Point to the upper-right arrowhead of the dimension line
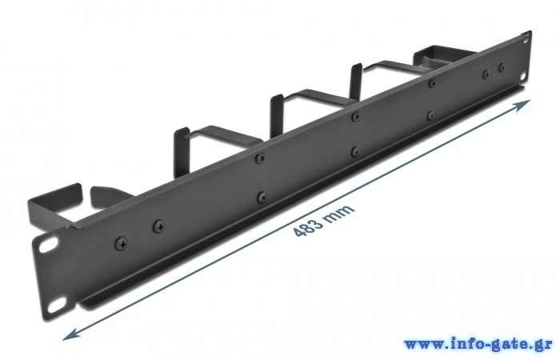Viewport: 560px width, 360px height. (x=522, y=106)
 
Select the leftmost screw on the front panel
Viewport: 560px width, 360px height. (x=122, y=244)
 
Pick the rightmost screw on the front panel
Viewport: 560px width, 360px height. (x=502, y=67)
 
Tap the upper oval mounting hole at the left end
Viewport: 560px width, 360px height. (x=49, y=245)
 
